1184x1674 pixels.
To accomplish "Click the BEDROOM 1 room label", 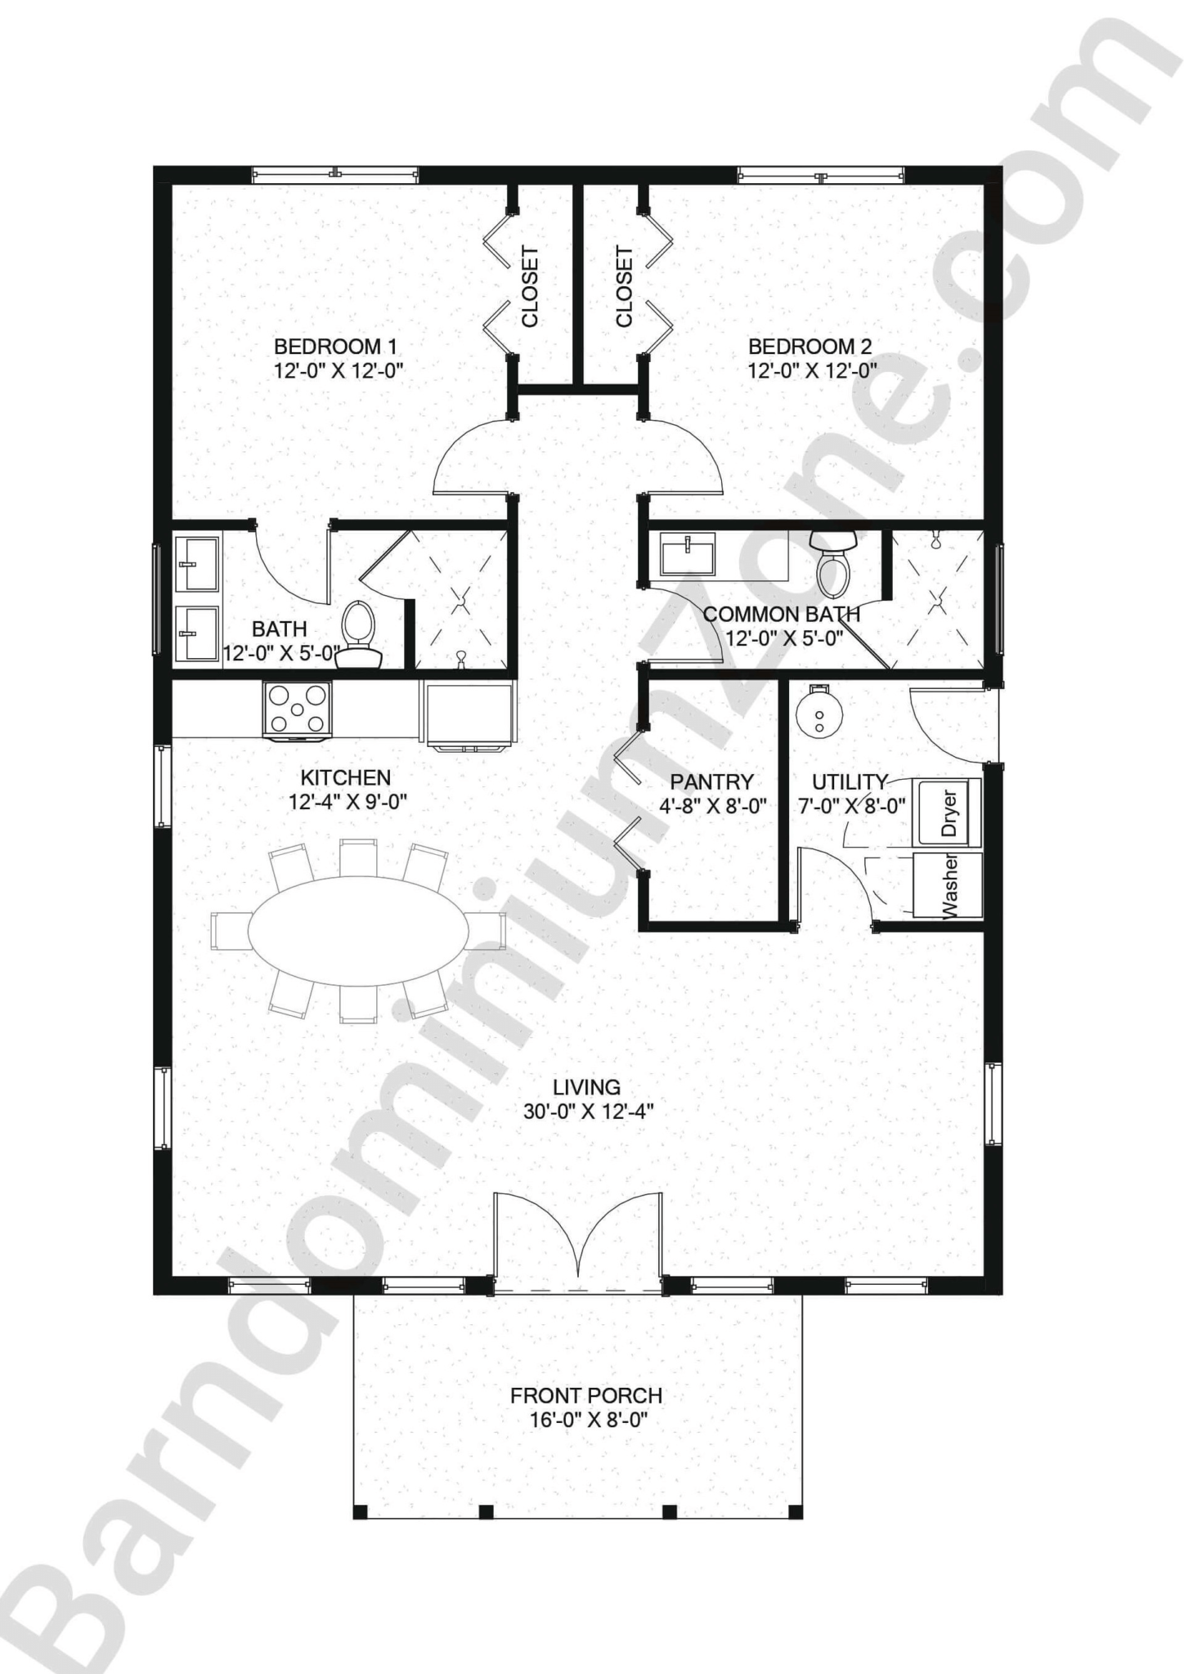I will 335,346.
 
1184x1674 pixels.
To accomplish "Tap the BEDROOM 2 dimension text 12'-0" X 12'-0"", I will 811,370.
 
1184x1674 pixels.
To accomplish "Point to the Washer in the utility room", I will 948,885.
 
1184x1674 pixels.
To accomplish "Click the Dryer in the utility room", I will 948,813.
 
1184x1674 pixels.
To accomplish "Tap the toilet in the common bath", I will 833,564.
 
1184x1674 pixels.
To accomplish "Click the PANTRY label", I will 711,782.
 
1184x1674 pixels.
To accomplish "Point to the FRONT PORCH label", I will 585,1395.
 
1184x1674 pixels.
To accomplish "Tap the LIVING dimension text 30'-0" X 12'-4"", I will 588,1111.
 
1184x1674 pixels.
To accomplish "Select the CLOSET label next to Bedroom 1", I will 530,286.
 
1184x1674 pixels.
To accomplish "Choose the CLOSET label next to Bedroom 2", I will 624,286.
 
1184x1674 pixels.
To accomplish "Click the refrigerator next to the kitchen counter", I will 469,714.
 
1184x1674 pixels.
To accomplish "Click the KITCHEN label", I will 345,777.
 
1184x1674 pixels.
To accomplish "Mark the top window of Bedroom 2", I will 821,174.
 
